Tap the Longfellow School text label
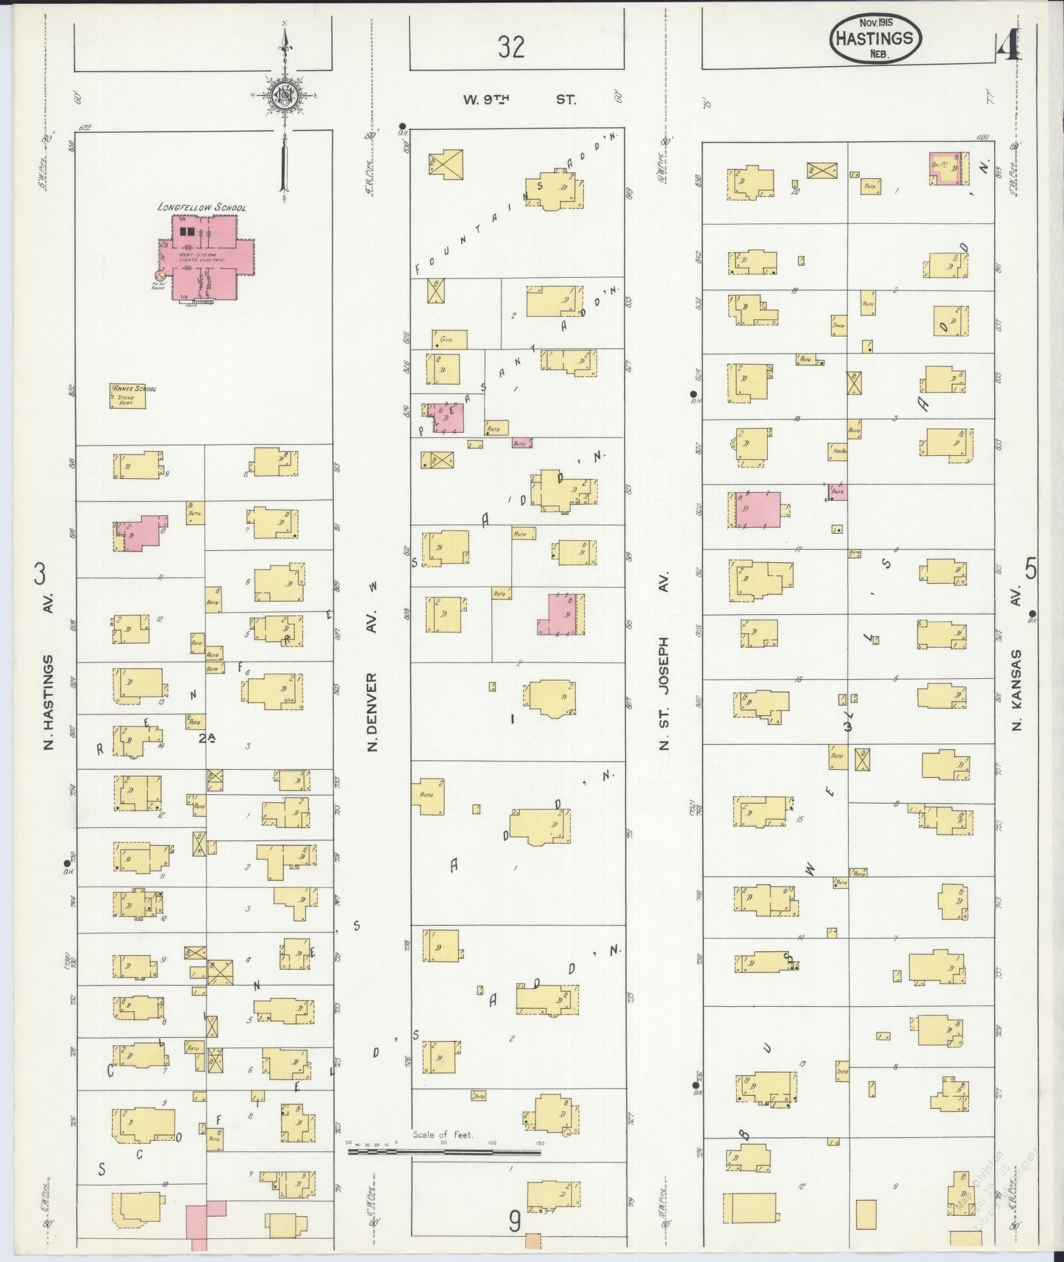pyautogui.click(x=201, y=207)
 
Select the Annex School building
pyautogui.click(x=127, y=395)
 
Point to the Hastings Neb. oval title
pyautogui.click(x=875, y=40)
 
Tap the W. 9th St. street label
pyautogui.click(x=518, y=100)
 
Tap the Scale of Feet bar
pyautogui.click(x=444, y=690)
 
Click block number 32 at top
pyautogui.click(x=511, y=47)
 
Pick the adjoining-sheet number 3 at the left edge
pyautogui.click(x=40, y=575)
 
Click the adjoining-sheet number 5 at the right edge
pyautogui.click(x=1030, y=569)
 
